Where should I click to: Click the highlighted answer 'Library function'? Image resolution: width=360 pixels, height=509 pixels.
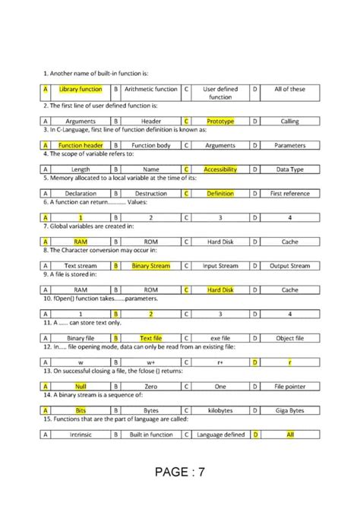point(81,89)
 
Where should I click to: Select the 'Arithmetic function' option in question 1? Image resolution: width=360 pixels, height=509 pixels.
point(150,89)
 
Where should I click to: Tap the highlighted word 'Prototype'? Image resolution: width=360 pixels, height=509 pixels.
point(220,121)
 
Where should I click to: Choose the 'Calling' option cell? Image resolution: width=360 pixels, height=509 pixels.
point(290,121)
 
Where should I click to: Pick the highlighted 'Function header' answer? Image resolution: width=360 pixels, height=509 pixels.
point(81,145)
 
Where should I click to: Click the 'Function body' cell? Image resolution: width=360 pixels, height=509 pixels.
point(150,145)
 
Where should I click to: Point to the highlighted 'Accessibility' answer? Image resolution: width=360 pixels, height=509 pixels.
point(220,169)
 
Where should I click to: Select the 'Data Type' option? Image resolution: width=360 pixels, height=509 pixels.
point(290,169)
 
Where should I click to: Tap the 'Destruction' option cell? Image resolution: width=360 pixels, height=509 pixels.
point(150,194)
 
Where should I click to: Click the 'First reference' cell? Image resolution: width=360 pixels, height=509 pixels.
point(290,194)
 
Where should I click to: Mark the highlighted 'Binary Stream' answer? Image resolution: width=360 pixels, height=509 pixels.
point(150,266)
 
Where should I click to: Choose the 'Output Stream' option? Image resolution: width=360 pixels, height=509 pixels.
point(290,266)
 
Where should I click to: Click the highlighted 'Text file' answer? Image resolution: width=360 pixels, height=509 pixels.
point(150,338)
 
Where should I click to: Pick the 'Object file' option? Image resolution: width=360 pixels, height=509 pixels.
point(290,338)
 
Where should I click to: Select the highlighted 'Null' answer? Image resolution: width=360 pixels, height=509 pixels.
point(81,386)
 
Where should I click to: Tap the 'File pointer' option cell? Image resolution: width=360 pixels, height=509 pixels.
point(290,386)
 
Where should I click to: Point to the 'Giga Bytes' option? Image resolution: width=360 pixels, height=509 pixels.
point(290,410)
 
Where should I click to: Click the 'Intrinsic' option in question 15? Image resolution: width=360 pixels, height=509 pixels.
point(81,435)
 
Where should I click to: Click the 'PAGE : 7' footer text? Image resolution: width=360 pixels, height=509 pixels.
point(180,473)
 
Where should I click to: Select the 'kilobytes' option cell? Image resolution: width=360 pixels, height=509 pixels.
point(220,410)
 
